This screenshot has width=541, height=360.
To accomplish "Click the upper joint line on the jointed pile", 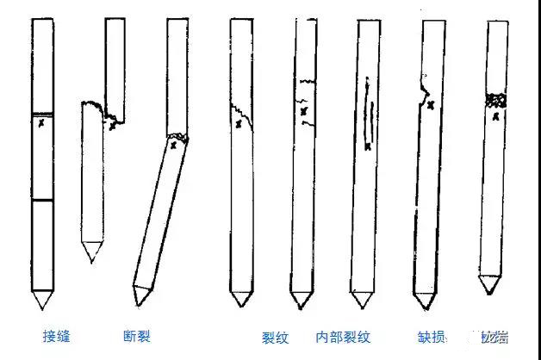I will coord(42,114).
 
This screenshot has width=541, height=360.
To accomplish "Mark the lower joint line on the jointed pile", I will coord(42,200).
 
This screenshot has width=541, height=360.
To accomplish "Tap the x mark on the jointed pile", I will coord(40,125).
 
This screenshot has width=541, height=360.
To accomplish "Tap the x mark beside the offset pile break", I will coord(113,126).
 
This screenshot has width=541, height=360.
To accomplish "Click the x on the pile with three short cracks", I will coord(303,111).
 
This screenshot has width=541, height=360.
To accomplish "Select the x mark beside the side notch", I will coord(430,105).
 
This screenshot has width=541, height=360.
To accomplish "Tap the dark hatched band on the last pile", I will coord(494,101).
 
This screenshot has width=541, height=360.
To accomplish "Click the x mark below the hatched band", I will coord(495,116).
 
